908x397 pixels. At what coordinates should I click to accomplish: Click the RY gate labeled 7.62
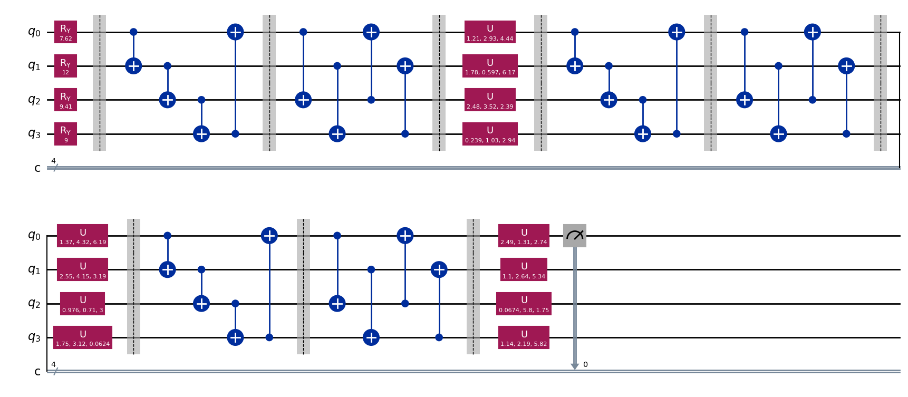[x=65, y=32]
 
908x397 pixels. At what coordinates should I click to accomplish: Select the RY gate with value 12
[x=65, y=66]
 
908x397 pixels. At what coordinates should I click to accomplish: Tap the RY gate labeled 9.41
[x=65, y=100]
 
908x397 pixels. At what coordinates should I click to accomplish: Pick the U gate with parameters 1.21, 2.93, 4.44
[x=490, y=32]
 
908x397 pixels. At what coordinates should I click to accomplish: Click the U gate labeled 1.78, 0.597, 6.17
[x=490, y=66]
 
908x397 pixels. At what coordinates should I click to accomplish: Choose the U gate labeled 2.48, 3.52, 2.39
[x=490, y=100]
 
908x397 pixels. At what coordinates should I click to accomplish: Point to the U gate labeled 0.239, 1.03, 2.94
[x=490, y=134]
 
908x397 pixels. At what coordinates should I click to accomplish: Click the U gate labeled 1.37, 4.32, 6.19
[x=83, y=236]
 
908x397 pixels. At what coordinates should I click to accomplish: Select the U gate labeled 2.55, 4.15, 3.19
[x=83, y=269]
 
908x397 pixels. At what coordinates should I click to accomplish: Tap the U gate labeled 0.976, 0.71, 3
[x=83, y=304]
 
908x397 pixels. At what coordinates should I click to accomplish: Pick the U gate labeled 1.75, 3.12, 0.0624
[x=83, y=337]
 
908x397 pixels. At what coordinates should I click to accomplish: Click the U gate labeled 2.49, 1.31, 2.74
[x=524, y=236]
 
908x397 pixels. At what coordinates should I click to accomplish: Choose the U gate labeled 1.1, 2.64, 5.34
[x=524, y=269]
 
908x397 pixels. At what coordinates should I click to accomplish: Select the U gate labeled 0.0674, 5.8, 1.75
[x=524, y=304]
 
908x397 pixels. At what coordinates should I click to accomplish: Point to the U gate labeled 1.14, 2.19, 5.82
[x=524, y=337]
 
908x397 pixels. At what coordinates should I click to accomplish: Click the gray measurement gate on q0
[x=575, y=236]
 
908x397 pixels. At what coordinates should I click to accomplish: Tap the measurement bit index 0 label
[x=585, y=365]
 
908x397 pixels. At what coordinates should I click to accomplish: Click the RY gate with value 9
[x=65, y=134]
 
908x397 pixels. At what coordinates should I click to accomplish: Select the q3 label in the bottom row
[x=34, y=337]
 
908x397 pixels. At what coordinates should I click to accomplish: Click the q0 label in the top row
[x=34, y=32]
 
